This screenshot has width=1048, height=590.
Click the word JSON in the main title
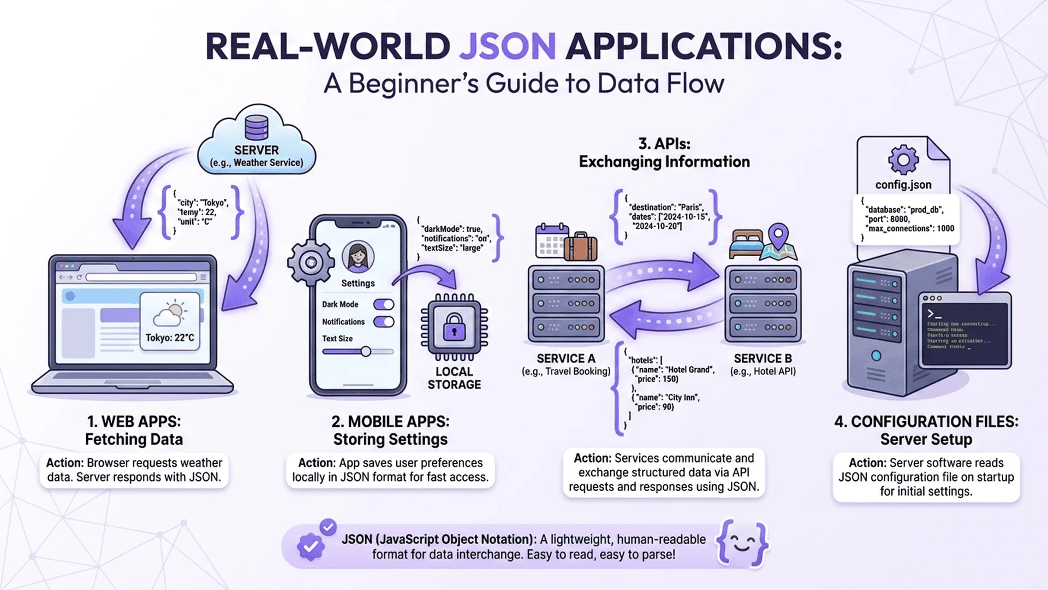tap(507, 46)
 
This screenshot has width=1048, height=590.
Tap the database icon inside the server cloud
tap(257, 128)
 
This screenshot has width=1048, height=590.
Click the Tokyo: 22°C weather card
tap(170, 321)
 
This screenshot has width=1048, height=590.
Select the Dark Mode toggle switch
tap(384, 304)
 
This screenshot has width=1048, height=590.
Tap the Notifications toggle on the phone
tap(384, 322)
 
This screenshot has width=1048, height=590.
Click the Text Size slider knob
tap(366, 351)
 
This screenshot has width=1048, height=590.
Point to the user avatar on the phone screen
tap(358, 256)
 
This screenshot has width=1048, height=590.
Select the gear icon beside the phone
tap(311, 263)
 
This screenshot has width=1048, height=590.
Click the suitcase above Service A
tap(581, 246)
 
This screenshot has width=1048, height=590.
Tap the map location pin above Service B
tap(778, 235)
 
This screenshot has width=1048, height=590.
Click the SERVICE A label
tap(565, 359)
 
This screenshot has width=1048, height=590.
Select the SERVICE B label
tap(763, 359)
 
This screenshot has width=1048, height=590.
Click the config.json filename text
tap(903, 185)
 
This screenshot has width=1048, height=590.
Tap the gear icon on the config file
tap(903, 160)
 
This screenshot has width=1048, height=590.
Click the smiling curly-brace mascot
tap(742, 544)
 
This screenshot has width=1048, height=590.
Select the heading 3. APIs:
tap(664, 144)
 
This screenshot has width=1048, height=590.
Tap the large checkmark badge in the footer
tap(311, 546)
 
